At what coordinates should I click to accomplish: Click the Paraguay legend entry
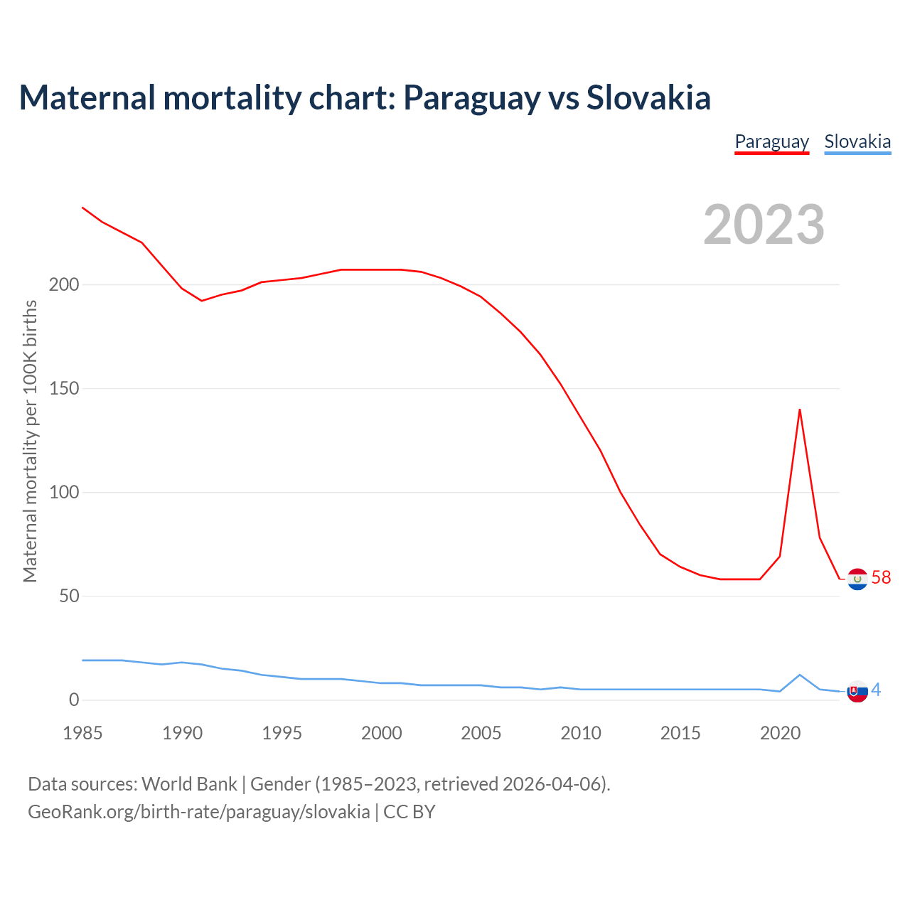[771, 141]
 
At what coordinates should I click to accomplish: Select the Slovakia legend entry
[857, 141]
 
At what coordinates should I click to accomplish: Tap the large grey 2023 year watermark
[764, 225]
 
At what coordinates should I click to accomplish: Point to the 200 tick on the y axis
[64, 285]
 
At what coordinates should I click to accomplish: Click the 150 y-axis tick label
[64, 389]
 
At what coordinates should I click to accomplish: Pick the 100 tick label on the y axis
[64, 493]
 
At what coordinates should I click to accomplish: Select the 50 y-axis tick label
[69, 596]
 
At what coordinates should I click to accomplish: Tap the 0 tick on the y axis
[74, 700]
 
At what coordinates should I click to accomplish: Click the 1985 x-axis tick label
[82, 733]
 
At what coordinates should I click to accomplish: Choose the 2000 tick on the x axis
[382, 733]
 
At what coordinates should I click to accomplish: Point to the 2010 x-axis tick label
[581, 733]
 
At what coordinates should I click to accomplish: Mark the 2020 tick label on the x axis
[780, 733]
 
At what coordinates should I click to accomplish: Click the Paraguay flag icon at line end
[857, 579]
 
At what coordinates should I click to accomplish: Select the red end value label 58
[881, 577]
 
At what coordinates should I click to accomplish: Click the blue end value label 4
[876, 690]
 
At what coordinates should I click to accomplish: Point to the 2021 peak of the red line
[800, 409]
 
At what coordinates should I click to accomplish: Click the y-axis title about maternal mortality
[30, 441]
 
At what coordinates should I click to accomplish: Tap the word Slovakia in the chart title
[648, 97]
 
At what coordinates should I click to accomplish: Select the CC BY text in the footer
[409, 812]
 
